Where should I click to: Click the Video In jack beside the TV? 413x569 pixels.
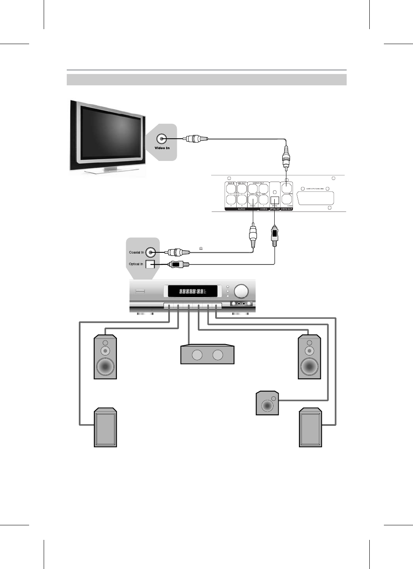[x=162, y=139]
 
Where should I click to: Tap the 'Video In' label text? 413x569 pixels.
[x=162, y=148]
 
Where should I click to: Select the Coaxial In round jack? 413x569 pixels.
[x=150, y=252]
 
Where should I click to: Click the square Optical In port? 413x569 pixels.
[x=150, y=264]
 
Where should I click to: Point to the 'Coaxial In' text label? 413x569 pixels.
[x=136, y=252]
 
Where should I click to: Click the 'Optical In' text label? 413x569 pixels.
[x=136, y=264]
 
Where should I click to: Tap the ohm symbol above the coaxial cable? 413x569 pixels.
[x=200, y=249]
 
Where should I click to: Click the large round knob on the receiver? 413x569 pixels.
[x=241, y=291]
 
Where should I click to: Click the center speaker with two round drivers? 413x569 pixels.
[x=208, y=355]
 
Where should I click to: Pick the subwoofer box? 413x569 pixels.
[x=267, y=403]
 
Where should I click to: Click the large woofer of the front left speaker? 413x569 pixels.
[x=105, y=366]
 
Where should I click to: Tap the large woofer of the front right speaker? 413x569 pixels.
[x=309, y=366]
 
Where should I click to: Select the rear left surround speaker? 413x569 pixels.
[x=105, y=428]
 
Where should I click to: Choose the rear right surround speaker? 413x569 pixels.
[x=310, y=428]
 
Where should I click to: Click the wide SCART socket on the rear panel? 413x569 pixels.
[x=316, y=199]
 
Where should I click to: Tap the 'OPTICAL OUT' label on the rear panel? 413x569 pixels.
[x=275, y=209]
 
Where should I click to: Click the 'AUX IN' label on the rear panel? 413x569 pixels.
[x=231, y=184]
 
